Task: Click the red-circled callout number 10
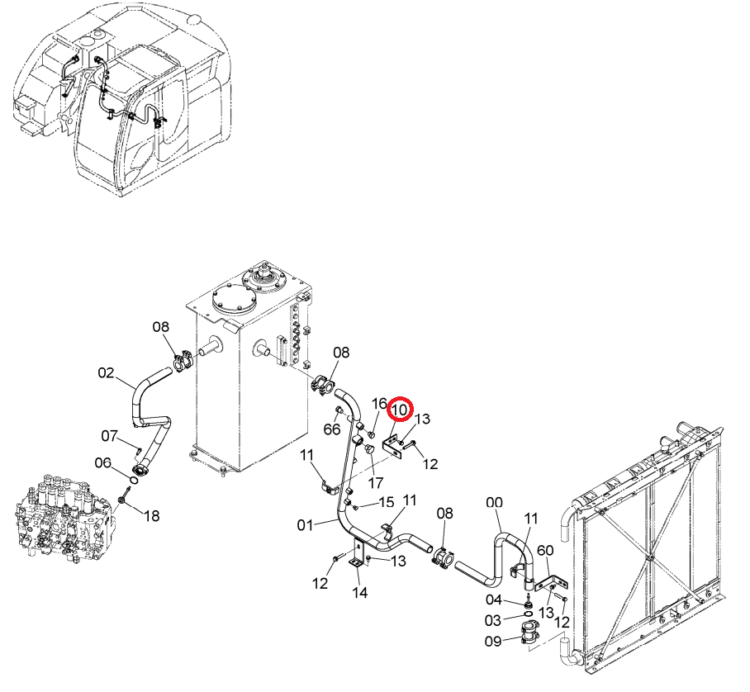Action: pos(400,410)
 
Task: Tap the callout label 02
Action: pos(107,372)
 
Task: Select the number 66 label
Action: pos(332,429)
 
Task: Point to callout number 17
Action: pos(376,483)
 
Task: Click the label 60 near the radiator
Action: pos(545,551)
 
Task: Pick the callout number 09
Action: pos(493,641)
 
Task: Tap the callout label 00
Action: pos(494,503)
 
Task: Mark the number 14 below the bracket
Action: pos(359,593)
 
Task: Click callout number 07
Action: pos(110,436)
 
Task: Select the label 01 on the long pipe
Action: pos(305,525)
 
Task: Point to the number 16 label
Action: pos(379,404)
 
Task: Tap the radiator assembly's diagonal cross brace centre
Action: pos(648,557)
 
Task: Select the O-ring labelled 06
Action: pos(134,479)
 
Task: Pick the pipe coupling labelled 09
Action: pos(529,633)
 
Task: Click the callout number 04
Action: pos(494,600)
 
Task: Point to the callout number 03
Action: pos(492,621)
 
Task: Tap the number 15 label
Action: pos(386,502)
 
